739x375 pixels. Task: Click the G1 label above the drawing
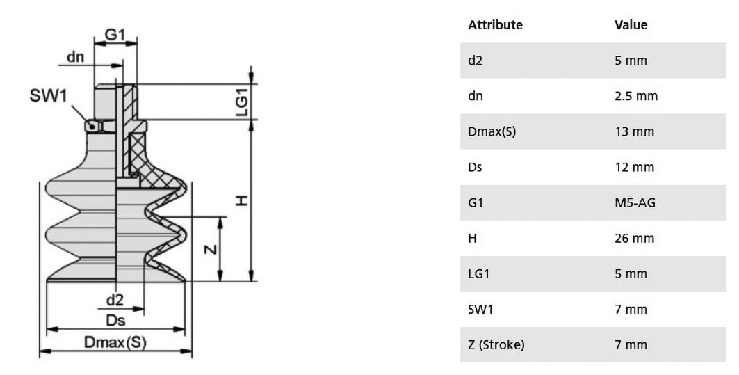(x=115, y=34)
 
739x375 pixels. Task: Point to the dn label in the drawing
(x=75, y=56)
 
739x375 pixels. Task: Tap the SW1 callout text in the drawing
(x=49, y=95)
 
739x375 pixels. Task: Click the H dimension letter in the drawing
(x=241, y=201)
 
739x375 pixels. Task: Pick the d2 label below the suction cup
(x=115, y=299)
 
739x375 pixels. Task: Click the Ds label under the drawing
(x=115, y=320)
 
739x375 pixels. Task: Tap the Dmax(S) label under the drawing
(x=115, y=342)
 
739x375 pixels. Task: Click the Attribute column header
(x=495, y=24)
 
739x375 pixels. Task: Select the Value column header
(x=631, y=24)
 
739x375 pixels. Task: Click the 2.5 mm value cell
(x=636, y=96)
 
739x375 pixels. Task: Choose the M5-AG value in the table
(x=635, y=202)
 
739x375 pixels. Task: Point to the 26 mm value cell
(x=634, y=238)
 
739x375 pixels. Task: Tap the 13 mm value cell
(x=634, y=131)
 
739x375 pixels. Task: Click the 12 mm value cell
(x=634, y=167)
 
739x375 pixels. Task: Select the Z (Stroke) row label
(x=496, y=345)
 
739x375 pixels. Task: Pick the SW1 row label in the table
(x=480, y=310)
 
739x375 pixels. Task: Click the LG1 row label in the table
(x=479, y=273)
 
